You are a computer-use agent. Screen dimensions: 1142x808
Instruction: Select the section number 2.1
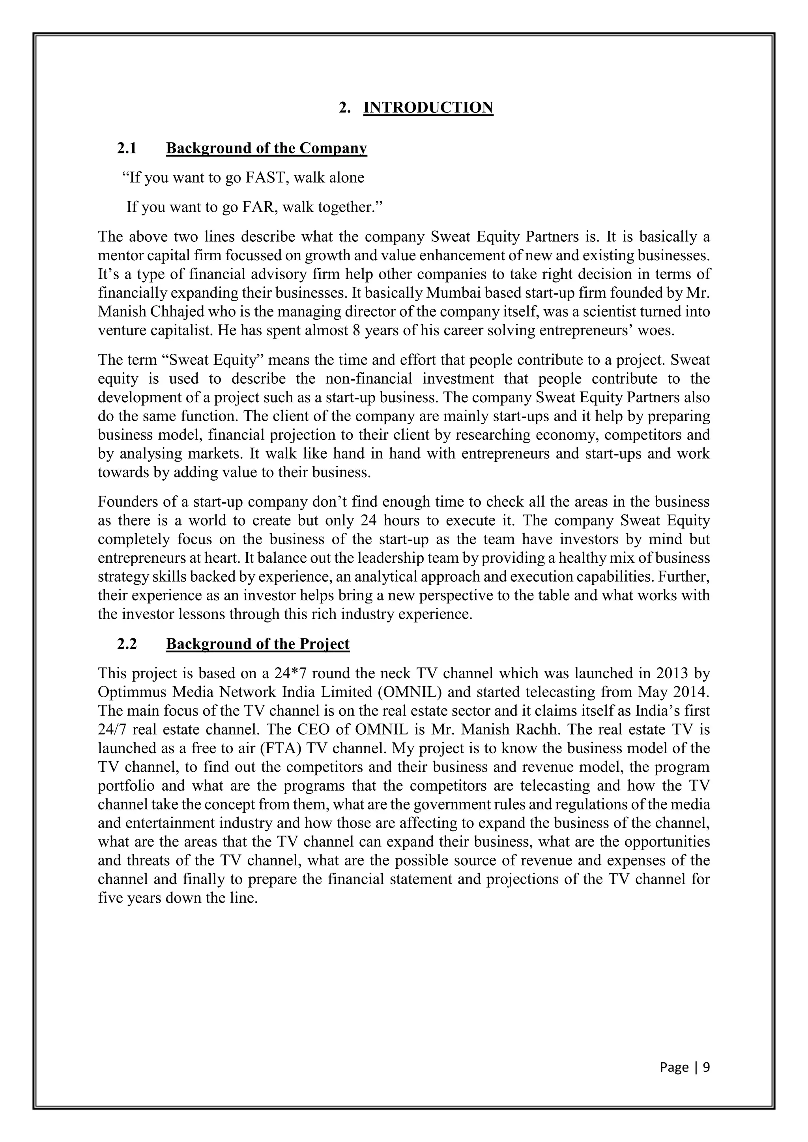pos(127,148)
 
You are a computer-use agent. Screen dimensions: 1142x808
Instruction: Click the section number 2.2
pos(127,644)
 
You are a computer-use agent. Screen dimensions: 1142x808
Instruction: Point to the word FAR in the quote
pos(259,207)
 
